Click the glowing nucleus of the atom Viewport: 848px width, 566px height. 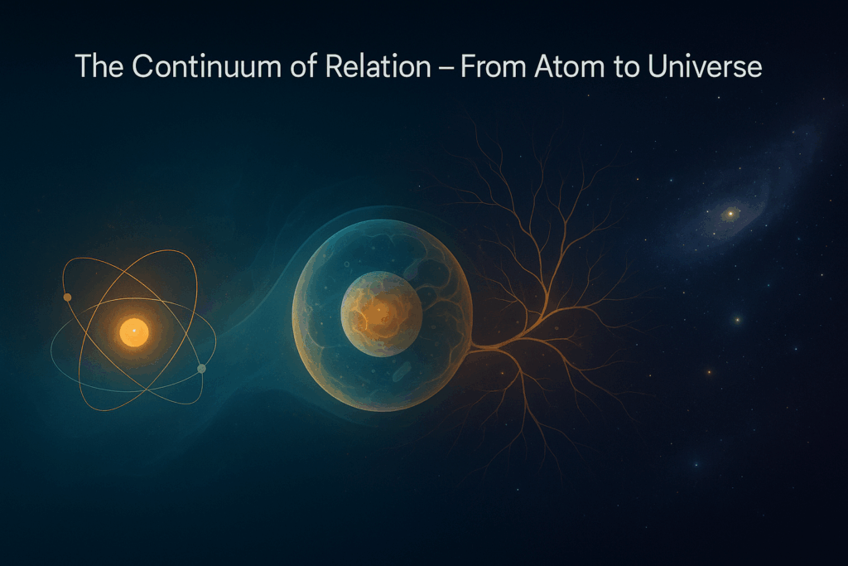(x=133, y=332)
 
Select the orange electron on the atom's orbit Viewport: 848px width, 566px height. (x=68, y=298)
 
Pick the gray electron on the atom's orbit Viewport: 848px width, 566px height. (x=201, y=368)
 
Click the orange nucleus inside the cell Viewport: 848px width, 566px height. (x=381, y=312)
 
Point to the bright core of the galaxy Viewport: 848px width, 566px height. (x=730, y=214)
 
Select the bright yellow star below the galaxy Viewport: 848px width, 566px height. (x=735, y=319)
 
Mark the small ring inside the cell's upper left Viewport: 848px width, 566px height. (x=345, y=265)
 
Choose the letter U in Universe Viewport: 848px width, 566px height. (x=647, y=66)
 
